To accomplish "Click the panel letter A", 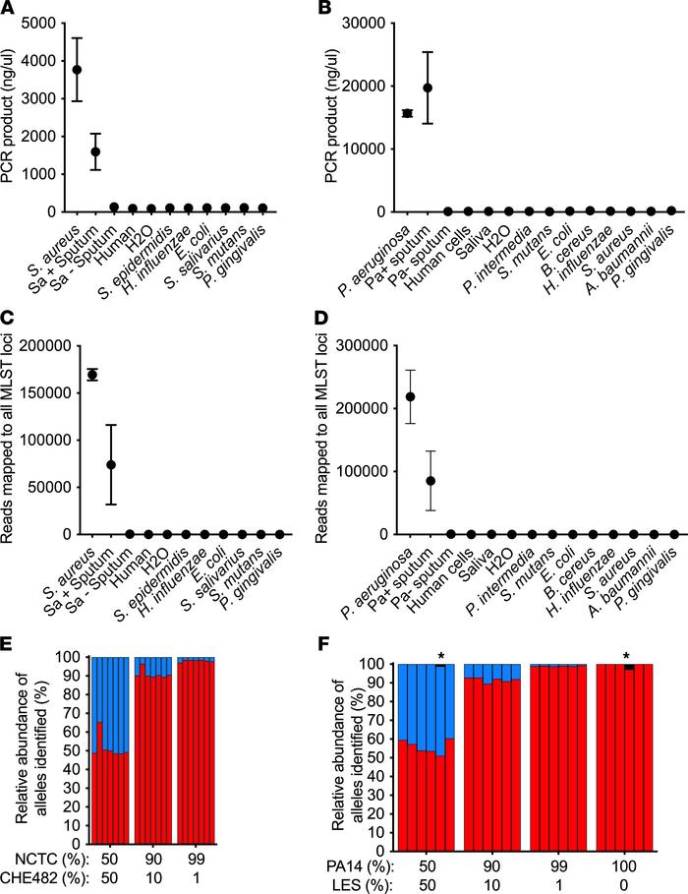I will [9, 9].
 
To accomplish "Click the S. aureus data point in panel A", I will [77, 70].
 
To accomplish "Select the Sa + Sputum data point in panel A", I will [95, 151].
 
